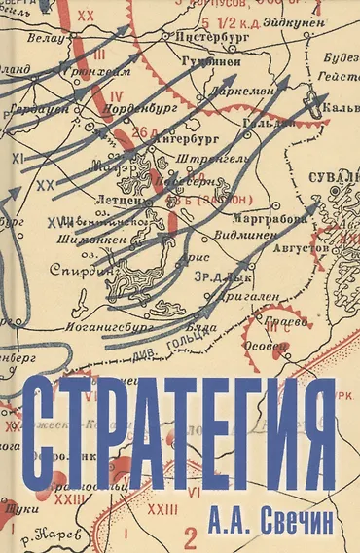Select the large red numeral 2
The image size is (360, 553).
198,532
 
